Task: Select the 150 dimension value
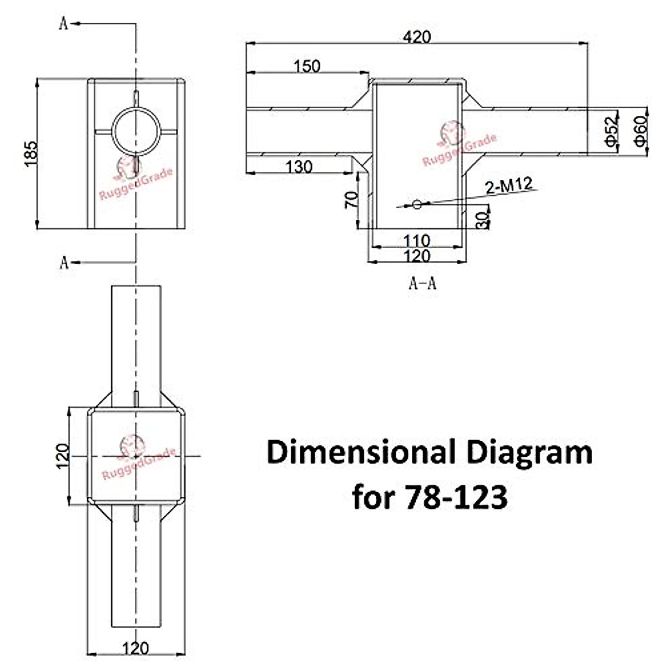307,66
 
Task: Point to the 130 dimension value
299,167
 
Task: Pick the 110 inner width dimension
416,240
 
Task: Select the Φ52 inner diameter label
611,131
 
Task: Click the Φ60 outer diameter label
641,131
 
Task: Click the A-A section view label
422,284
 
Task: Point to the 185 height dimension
31,153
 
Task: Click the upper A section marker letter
63,24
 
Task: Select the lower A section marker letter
64,263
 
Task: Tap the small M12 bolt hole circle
417,205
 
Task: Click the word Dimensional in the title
359,452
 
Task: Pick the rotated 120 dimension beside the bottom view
63,456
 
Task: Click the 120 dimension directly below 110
416,256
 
